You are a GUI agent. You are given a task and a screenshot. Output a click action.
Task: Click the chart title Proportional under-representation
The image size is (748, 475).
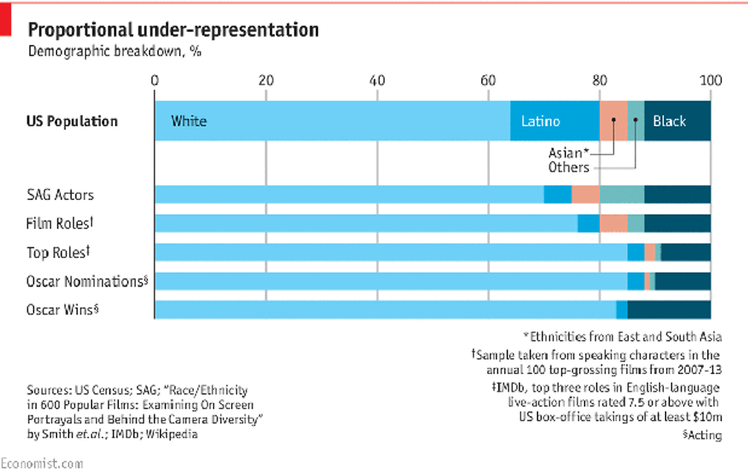173,31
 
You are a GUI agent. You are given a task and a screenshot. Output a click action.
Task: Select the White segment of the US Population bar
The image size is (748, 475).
332,121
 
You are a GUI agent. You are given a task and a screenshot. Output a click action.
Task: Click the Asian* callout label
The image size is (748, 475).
569,153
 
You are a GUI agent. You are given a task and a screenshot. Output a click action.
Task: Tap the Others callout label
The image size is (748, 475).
569,167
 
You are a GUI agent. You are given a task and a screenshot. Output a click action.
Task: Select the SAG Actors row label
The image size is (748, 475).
60,195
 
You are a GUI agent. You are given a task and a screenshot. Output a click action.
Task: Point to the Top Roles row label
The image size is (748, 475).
59,252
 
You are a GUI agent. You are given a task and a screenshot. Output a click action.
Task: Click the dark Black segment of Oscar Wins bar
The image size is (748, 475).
669,310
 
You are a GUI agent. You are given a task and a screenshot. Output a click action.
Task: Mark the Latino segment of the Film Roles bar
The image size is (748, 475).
588,224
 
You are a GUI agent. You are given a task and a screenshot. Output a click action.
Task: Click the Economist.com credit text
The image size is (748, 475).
42,464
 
